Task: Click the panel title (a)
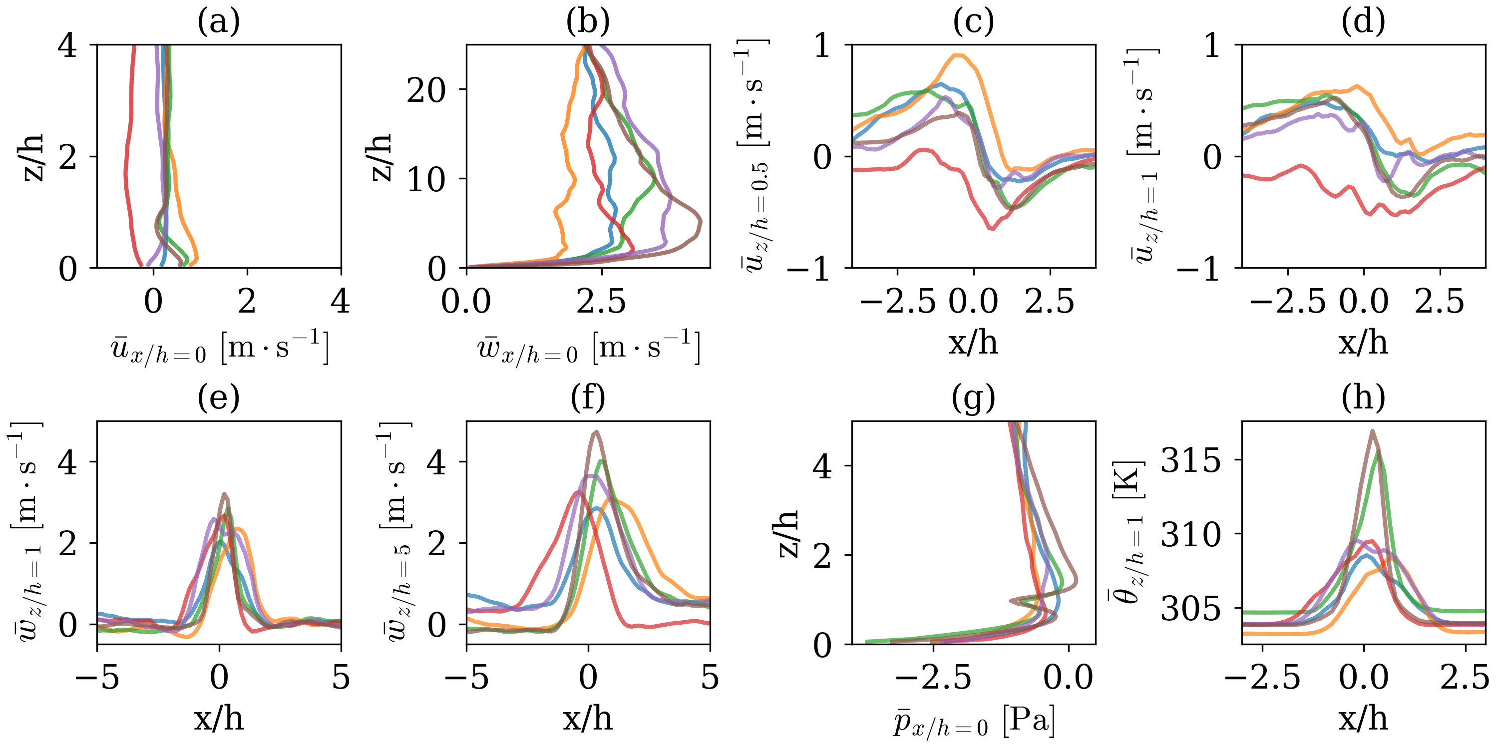click(219, 22)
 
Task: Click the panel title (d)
click(1363, 22)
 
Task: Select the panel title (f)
click(588, 398)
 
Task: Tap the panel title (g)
click(974, 398)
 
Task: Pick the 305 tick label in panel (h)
click(1190, 609)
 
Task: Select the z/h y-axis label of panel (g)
click(788, 533)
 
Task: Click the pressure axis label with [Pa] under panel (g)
click(974, 721)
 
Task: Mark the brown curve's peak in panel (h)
click(1372, 431)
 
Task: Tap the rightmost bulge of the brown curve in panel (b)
click(700, 222)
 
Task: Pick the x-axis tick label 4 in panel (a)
click(340, 302)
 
